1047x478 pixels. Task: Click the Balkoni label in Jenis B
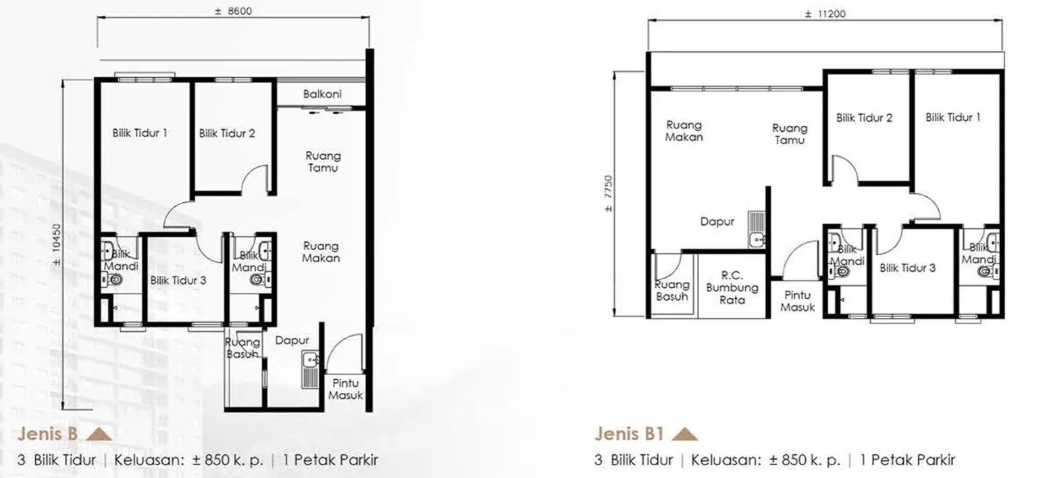322,94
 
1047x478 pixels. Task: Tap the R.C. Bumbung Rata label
732,287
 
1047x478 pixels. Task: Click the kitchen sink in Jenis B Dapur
310,369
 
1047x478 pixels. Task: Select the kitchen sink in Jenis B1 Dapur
757,229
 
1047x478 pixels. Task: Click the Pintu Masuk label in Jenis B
345,389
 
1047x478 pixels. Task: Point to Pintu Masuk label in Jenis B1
797,302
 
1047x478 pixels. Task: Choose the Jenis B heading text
47,434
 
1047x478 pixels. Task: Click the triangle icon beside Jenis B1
684,435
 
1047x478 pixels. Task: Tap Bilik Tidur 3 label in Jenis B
178,281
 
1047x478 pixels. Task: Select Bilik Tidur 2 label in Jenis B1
864,118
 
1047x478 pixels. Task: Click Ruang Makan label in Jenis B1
684,131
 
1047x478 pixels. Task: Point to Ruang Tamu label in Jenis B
323,162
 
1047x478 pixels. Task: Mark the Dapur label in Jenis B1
717,222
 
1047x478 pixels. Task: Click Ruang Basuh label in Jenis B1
671,291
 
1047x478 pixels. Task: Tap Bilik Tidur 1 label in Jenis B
140,133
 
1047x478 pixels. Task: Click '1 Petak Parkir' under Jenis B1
907,460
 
